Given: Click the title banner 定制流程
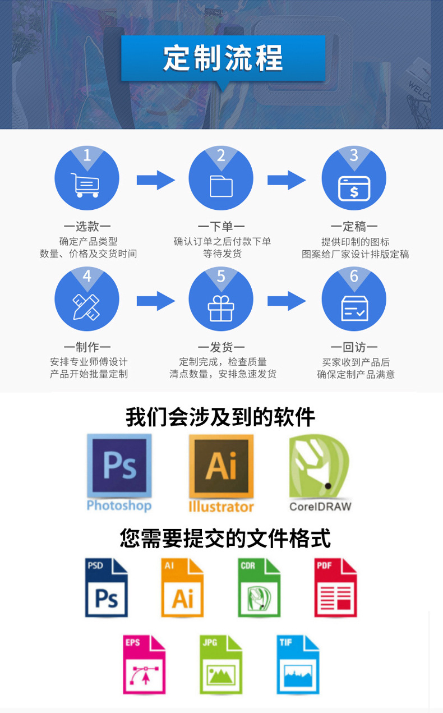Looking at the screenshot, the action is pyautogui.click(x=223, y=58).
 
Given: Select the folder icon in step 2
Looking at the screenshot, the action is pyautogui.click(x=221, y=186).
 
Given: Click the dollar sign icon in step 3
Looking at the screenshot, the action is pyautogui.click(x=354, y=189).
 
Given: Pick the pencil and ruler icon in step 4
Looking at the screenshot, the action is pyautogui.click(x=86, y=307).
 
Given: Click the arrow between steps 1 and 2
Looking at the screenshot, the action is pyautogui.click(x=155, y=180).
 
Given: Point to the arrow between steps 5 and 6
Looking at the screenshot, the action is pyautogui.click(x=287, y=301).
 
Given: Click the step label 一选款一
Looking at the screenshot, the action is pyautogui.click(x=87, y=227).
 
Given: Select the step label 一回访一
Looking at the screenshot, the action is pyautogui.click(x=354, y=348).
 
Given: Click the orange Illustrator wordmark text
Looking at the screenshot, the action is pyautogui.click(x=221, y=507).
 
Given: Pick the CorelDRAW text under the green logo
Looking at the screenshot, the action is pyautogui.click(x=320, y=506).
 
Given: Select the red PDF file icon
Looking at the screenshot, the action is pyautogui.click(x=335, y=588).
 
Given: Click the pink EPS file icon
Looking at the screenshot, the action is pyautogui.click(x=144, y=664).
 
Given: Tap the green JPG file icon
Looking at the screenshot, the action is pyautogui.click(x=221, y=664).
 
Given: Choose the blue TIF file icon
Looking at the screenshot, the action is pyautogui.click(x=298, y=664).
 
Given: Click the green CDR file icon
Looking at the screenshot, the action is pyautogui.click(x=259, y=588).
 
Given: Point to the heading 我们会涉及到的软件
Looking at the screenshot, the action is pyautogui.click(x=220, y=417).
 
